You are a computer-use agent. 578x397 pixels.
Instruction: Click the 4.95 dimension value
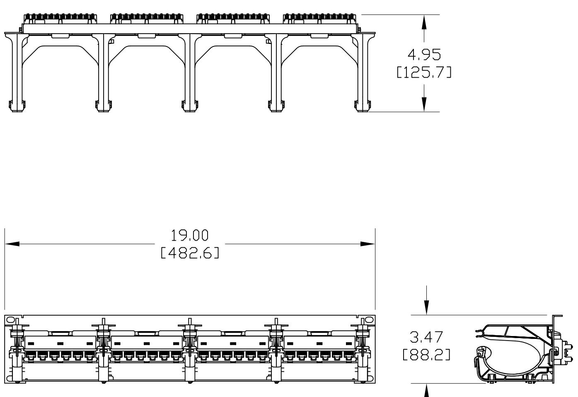click(x=424, y=54)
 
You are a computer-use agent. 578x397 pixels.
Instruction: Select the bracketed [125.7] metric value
click(x=424, y=73)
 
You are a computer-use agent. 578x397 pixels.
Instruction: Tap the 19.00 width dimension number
click(x=190, y=236)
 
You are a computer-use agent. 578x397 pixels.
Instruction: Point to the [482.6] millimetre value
click(x=190, y=253)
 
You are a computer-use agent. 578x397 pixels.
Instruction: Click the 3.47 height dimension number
click(x=426, y=337)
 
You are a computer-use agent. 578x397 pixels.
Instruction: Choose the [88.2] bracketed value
click(x=426, y=355)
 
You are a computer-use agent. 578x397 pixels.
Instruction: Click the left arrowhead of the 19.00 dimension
click(x=12, y=244)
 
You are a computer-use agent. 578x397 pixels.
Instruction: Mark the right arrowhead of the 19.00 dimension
click(x=368, y=244)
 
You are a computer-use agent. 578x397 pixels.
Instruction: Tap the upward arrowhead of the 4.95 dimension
click(x=424, y=22)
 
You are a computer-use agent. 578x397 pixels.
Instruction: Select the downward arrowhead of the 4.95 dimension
click(x=424, y=104)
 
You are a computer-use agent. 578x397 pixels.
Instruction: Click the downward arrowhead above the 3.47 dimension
click(x=426, y=307)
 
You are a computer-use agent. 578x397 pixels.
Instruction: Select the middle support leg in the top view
click(x=190, y=71)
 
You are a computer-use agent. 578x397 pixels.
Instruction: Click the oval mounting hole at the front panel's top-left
click(x=11, y=320)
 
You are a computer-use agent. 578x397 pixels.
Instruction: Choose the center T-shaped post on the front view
click(x=190, y=328)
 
